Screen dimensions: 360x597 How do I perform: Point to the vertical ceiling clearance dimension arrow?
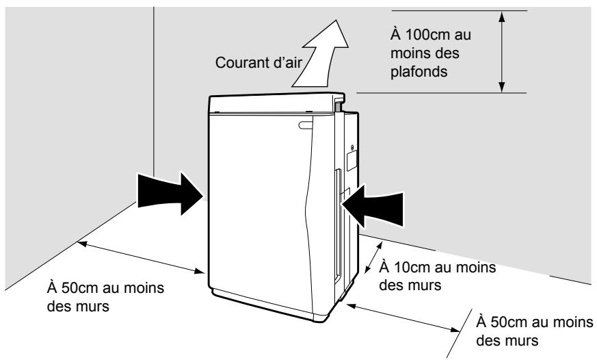coord(503,51)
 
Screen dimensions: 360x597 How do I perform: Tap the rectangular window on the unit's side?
coord(352,160)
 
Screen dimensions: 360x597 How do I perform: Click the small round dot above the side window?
coord(353,146)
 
